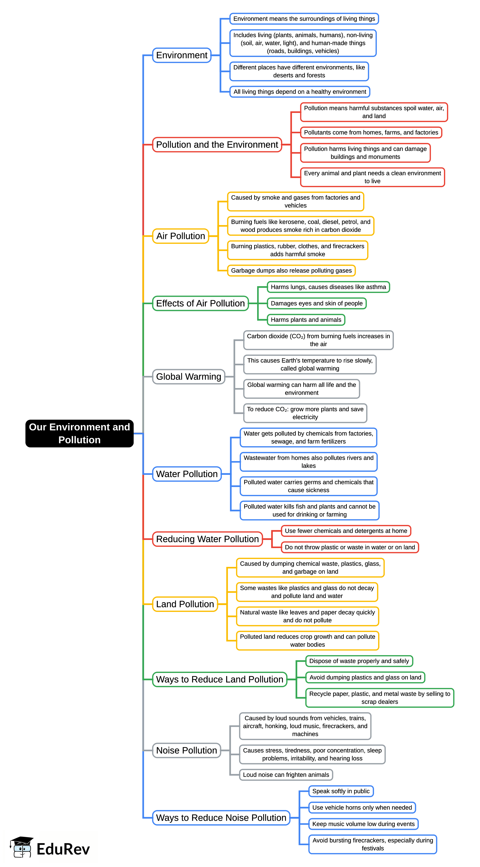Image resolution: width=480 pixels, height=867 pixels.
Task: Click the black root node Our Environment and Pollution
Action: click(x=79, y=433)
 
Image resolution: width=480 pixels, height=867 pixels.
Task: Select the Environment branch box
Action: click(x=182, y=55)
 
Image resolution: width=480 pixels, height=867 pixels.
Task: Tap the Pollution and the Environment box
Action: click(x=217, y=145)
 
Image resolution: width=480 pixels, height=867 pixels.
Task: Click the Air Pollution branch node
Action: click(x=181, y=236)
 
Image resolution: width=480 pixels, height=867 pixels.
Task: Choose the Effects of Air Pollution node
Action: click(x=200, y=303)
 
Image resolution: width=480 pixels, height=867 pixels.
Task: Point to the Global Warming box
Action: click(x=188, y=377)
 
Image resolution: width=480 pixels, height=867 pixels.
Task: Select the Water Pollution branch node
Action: click(x=187, y=474)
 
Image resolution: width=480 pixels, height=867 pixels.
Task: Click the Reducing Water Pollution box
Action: click(x=207, y=539)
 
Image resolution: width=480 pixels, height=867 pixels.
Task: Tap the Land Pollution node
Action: click(x=185, y=604)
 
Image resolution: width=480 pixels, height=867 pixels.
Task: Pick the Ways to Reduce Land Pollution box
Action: click(x=220, y=679)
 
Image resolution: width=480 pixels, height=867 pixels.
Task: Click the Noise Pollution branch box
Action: click(x=186, y=750)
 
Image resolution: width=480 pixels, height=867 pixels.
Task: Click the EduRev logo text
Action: click(x=63, y=849)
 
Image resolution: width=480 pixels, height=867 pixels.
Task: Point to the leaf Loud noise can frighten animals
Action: click(x=286, y=774)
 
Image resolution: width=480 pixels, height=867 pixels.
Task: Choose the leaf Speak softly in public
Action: click(x=341, y=791)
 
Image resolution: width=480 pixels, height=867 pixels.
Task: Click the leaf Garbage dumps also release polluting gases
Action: click(x=291, y=271)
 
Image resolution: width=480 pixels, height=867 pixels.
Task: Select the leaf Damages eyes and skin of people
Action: click(x=317, y=303)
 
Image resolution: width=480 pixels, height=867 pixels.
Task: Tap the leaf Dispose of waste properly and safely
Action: click(x=359, y=661)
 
